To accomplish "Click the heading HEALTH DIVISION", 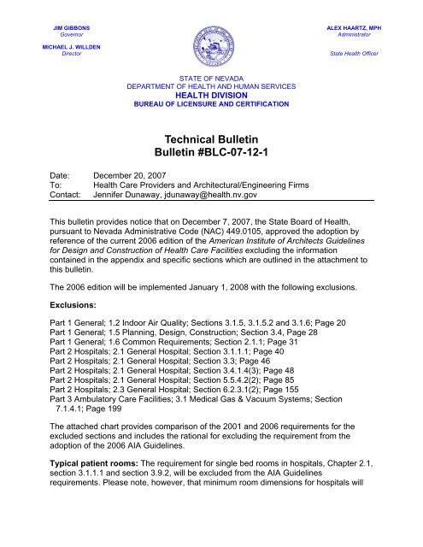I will [211, 95].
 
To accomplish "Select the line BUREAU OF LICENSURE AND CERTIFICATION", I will [211, 103].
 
